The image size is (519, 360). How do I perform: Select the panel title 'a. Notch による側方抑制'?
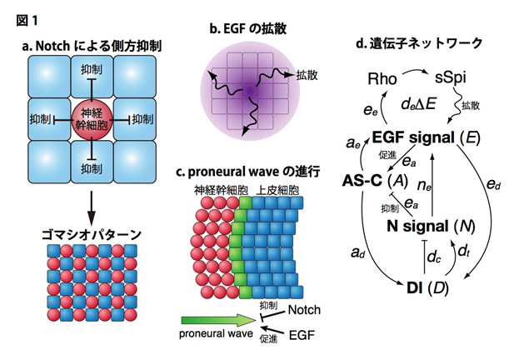(x=91, y=43)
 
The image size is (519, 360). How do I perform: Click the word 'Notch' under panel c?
(x=303, y=309)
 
